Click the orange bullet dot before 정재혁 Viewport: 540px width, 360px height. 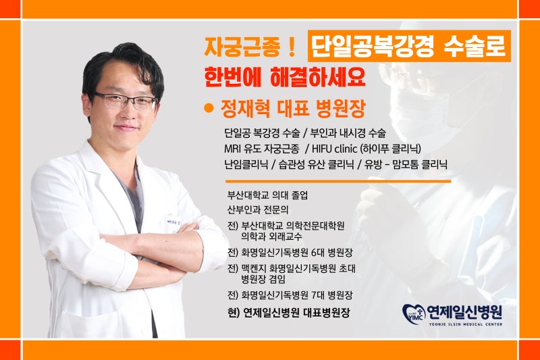click(x=209, y=108)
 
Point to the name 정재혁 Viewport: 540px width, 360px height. click(x=246, y=109)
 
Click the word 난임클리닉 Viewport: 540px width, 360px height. click(x=246, y=164)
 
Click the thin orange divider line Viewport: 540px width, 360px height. click(x=338, y=181)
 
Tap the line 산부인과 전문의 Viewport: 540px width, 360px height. click(x=258, y=209)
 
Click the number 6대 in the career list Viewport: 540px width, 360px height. click(x=317, y=253)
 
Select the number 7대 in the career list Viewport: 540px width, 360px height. click(x=317, y=295)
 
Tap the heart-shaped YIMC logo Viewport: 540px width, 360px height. click(x=414, y=314)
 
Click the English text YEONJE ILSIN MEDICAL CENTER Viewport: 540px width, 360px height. click(x=465, y=324)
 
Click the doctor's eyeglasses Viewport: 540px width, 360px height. click(x=126, y=100)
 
